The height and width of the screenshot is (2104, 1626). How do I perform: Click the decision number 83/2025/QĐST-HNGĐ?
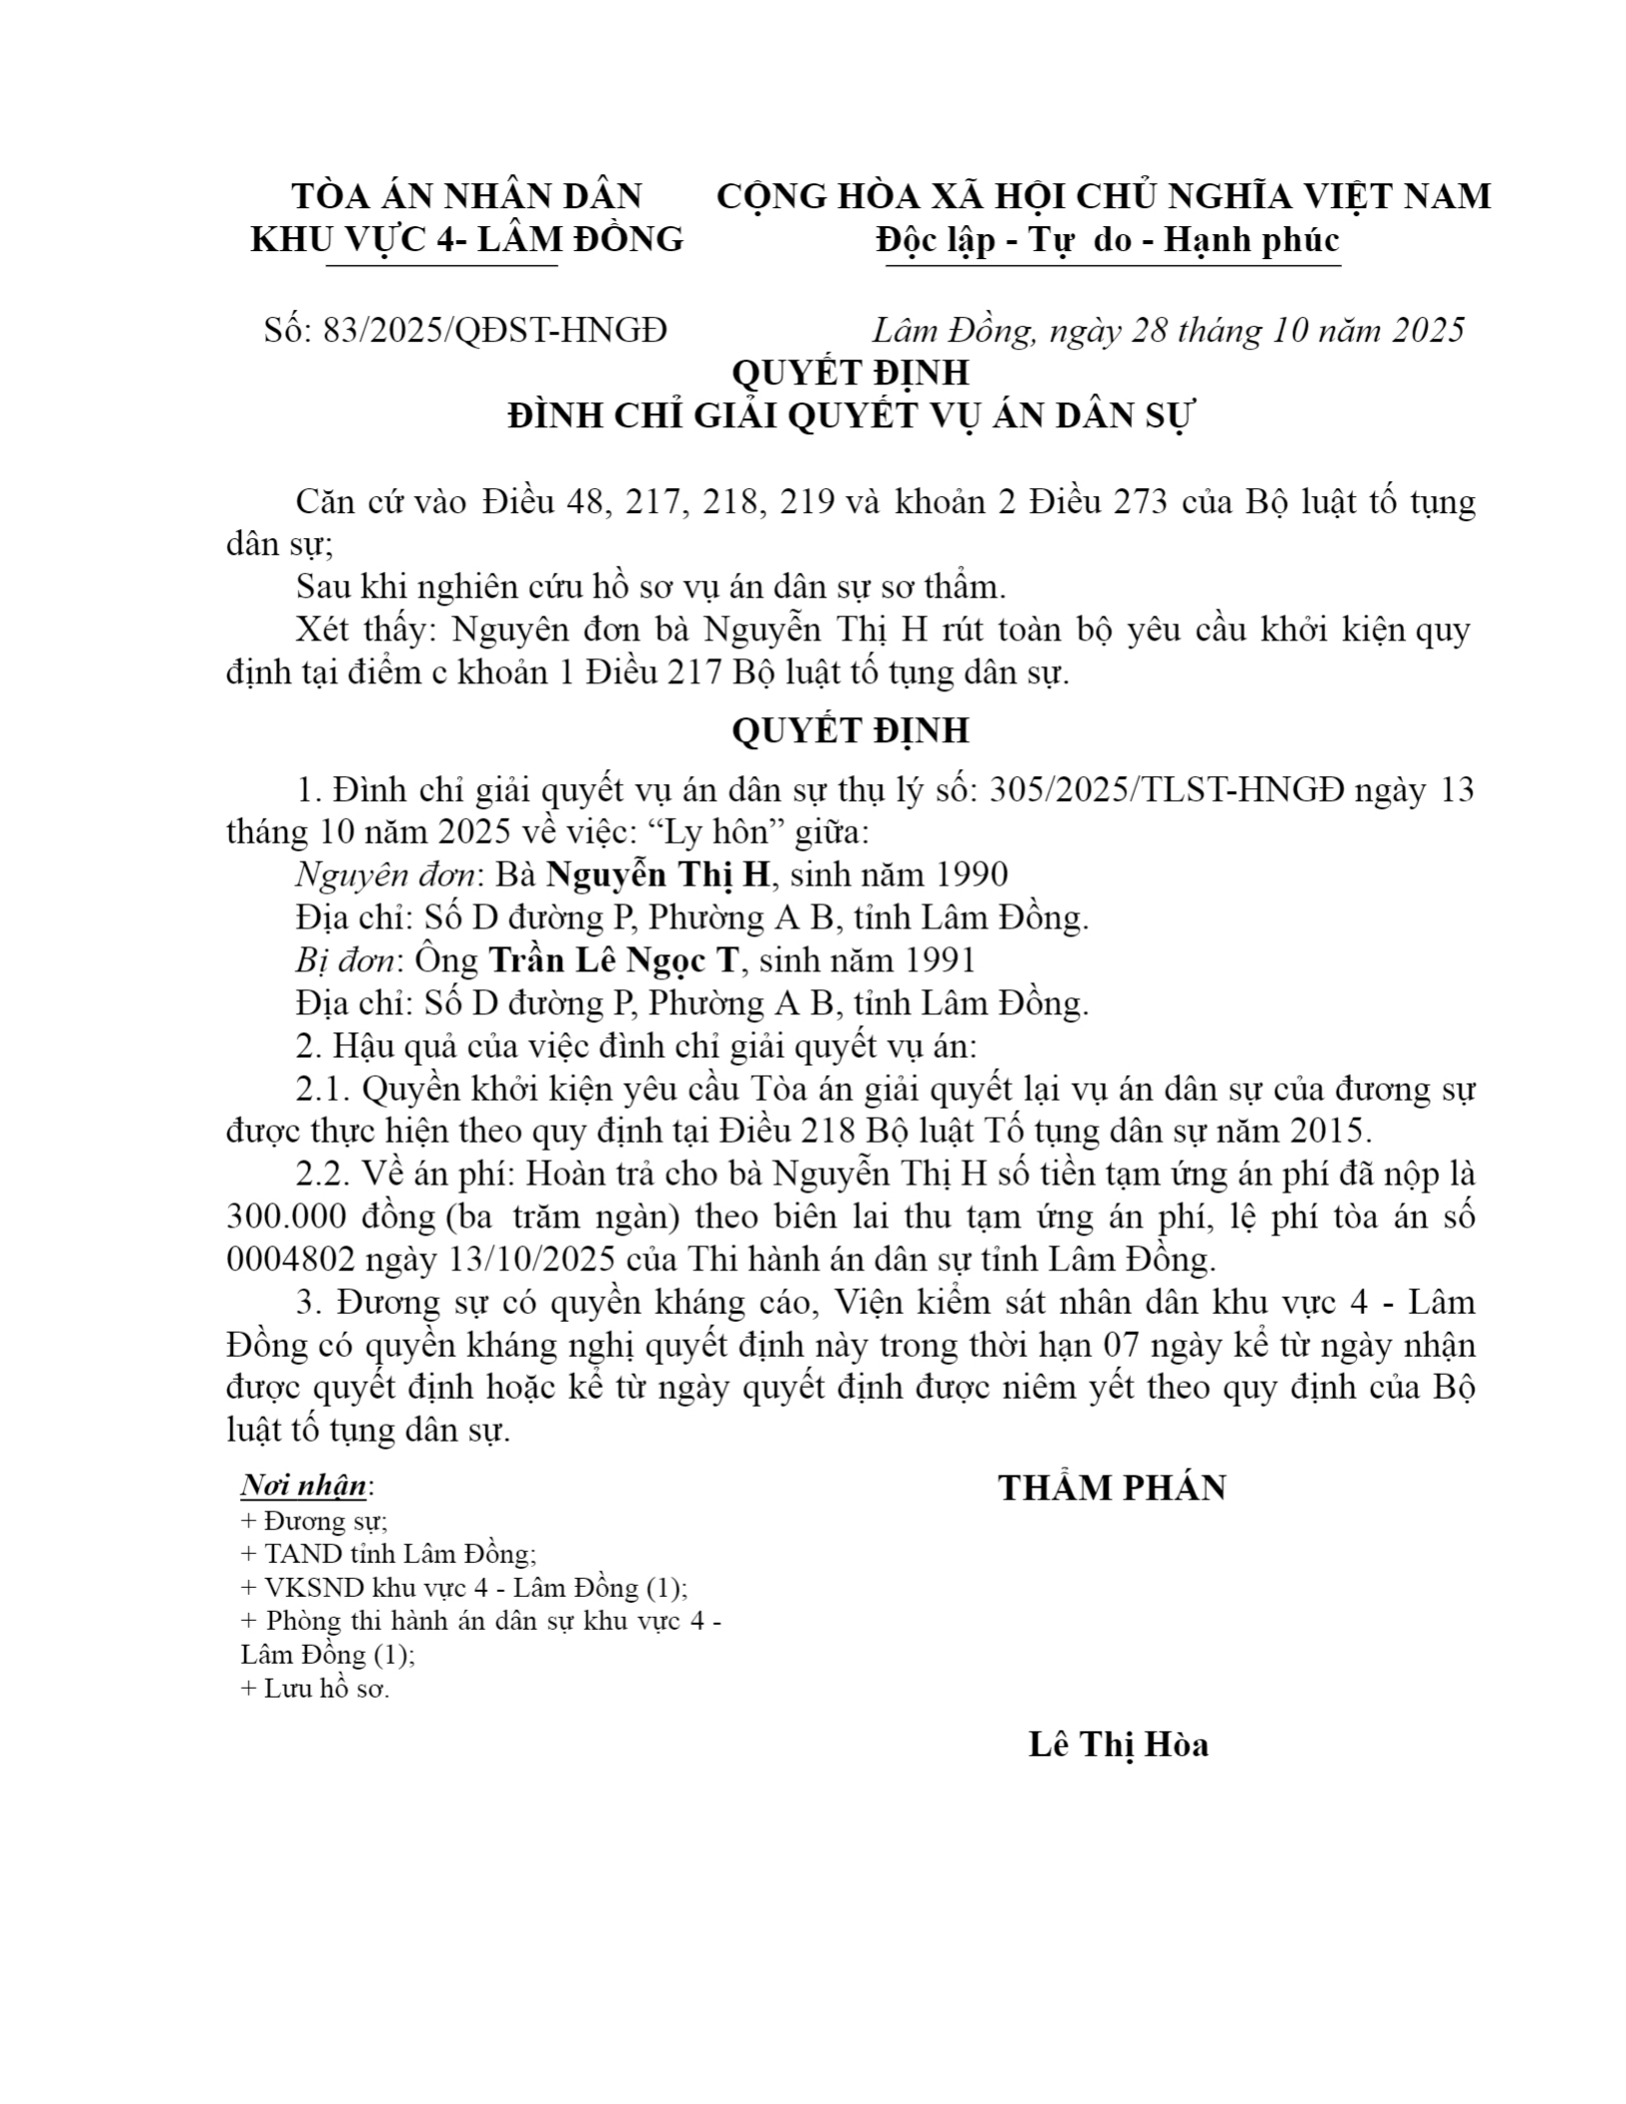pos(494,330)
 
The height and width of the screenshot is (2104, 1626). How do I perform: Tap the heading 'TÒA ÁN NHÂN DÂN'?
pos(466,196)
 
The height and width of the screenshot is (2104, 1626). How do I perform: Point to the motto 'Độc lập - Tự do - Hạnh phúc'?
pos(1107,240)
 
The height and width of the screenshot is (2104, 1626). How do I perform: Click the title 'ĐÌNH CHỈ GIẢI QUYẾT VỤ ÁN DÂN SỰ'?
pos(850,415)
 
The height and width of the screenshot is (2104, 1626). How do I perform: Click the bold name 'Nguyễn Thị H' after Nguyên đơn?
pos(660,875)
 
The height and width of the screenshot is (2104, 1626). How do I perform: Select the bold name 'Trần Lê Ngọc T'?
pos(616,959)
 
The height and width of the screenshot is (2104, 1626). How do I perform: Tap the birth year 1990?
pos(970,875)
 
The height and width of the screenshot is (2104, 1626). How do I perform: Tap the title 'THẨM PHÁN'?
pos(1112,1487)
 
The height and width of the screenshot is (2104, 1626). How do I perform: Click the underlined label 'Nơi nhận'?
pos(304,1486)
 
